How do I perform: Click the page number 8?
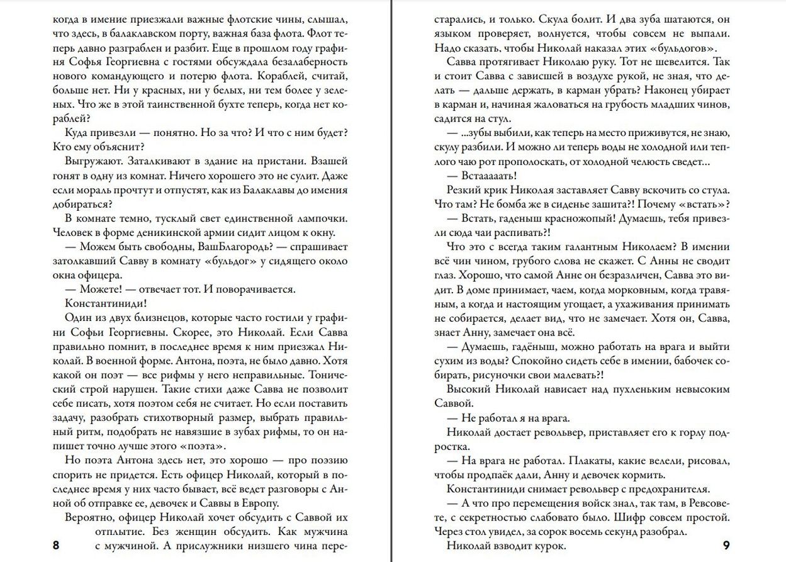(x=57, y=545)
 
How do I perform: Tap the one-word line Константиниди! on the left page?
(x=99, y=302)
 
